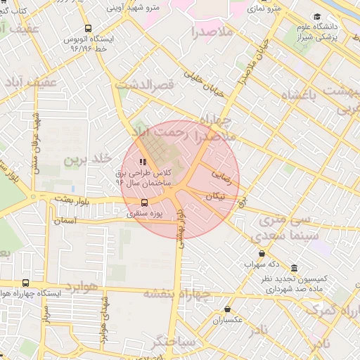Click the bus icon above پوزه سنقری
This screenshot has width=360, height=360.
(145, 203)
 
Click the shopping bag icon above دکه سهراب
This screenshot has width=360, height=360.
(262, 253)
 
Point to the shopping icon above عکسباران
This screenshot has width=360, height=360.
(227, 309)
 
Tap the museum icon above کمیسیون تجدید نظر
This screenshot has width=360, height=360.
(293, 269)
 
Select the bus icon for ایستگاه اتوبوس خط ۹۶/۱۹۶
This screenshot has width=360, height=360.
(85, 29)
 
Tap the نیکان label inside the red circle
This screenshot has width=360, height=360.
(217, 198)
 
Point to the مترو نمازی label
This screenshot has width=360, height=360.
(266, 8)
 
